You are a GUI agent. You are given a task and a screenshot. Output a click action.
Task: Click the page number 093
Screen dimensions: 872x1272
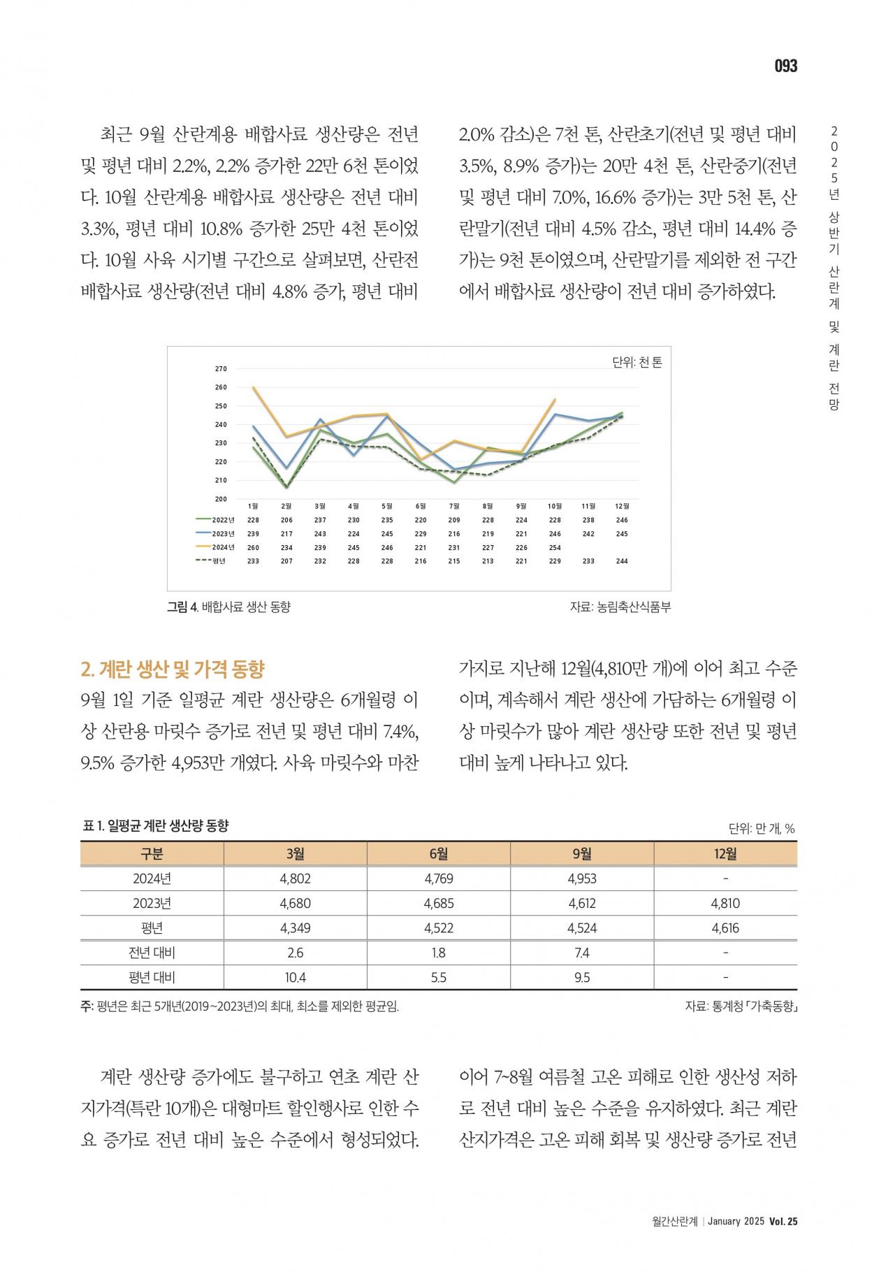[785, 66]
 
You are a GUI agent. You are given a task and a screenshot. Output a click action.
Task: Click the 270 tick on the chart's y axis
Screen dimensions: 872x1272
[221, 368]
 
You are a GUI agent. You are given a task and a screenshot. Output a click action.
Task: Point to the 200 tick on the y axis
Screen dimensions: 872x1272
[221, 499]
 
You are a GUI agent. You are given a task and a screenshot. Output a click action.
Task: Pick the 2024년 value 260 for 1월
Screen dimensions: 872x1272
[253, 547]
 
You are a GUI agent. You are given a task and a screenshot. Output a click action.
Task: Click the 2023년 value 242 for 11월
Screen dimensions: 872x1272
[588, 534]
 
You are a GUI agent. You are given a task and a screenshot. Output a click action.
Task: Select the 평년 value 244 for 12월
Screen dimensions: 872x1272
[622, 561]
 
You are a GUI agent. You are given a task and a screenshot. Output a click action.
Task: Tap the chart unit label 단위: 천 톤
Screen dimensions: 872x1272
[637, 362]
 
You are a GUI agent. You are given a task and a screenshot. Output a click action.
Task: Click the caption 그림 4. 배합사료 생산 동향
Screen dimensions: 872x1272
[228, 607]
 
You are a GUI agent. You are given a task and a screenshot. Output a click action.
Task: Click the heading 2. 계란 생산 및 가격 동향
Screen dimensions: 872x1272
[173, 669]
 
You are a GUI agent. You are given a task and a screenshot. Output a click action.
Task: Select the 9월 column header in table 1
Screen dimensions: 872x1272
[582, 853]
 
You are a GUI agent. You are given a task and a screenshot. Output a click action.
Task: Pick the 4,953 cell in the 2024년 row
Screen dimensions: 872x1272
[582, 879]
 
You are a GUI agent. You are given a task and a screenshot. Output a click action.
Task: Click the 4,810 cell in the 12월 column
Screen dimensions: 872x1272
[725, 903]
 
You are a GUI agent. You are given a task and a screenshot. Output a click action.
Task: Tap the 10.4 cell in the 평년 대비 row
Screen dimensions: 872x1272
[296, 977]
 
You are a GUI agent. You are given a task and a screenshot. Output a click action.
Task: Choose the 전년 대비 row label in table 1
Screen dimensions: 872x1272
[152, 953]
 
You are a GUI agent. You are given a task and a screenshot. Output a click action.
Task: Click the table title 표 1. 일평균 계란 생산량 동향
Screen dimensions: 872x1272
[156, 826]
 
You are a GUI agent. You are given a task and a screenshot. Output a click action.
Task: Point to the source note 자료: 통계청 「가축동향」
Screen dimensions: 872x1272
[741, 1007]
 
